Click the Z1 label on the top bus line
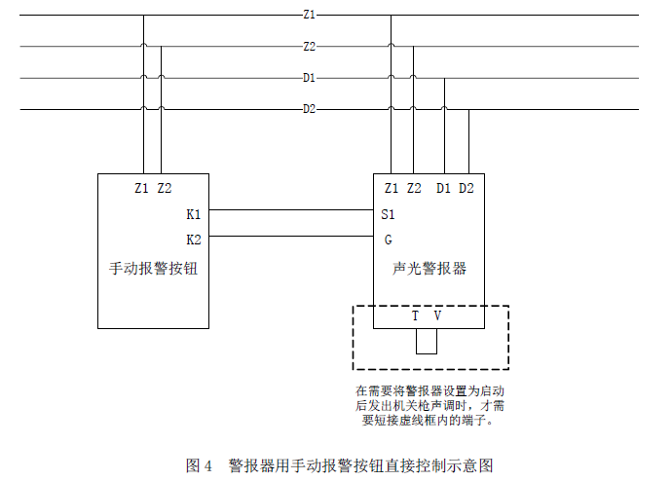click(x=309, y=16)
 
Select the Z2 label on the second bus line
click(x=309, y=47)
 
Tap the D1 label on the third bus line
click(x=309, y=78)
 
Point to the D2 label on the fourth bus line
click(x=309, y=109)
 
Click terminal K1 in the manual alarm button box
click(x=193, y=214)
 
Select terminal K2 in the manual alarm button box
click(x=193, y=239)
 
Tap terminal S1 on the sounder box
click(x=389, y=214)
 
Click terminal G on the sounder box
click(x=388, y=239)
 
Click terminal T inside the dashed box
click(x=415, y=316)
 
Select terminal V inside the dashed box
click(x=437, y=316)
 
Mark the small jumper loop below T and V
click(x=426, y=342)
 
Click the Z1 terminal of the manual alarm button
click(x=142, y=188)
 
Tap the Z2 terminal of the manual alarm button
click(x=165, y=188)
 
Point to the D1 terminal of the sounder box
click(x=443, y=188)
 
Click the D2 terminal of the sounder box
click(x=467, y=188)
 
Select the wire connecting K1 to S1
click(x=292, y=210)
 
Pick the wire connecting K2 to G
click(x=292, y=236)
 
